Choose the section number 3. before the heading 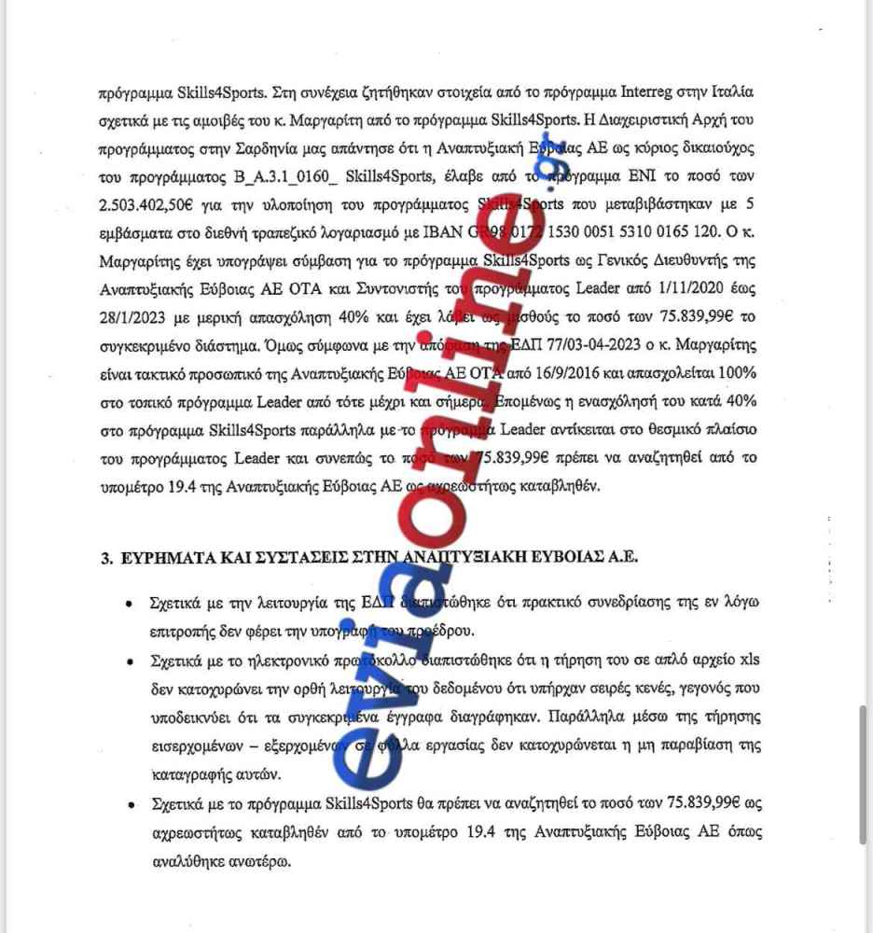tap(105, 558)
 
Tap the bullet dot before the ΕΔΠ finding tap(128, 605)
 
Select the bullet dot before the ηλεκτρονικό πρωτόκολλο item tap(128, 661)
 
